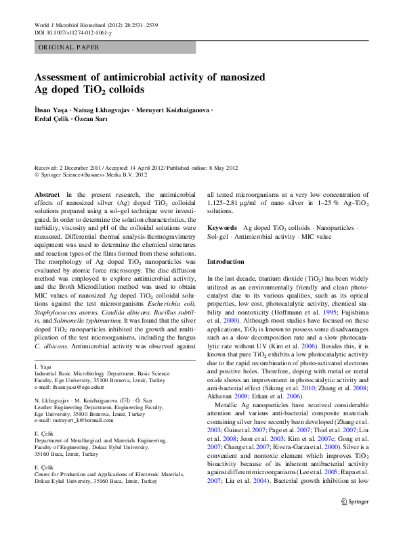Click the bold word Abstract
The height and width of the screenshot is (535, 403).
(x=46, y=194)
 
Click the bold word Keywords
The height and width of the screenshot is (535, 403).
(x=222, y=229)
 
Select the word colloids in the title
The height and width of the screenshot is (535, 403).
(x=122, y=89)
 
